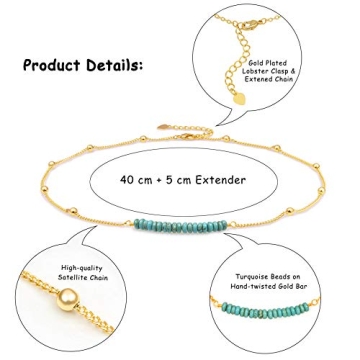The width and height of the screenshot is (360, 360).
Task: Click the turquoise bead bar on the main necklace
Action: (180, 222)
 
